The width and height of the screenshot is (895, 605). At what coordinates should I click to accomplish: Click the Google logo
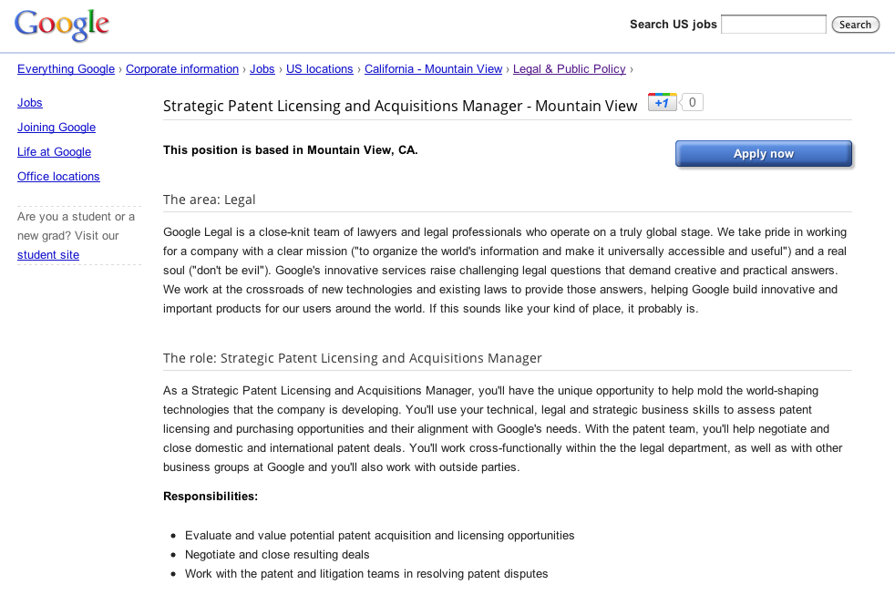[x=62, y=26]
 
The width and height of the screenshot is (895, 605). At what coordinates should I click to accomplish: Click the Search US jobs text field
[x=773, y=25]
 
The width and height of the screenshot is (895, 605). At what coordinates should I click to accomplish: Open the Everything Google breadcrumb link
[x=66, y=69]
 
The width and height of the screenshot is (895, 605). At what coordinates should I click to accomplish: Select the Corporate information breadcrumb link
[x=182, y=69]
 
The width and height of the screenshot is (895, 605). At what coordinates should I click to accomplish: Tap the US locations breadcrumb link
[x=319, y=69]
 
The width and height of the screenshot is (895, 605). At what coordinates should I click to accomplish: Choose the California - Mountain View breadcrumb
[x=434, y=69]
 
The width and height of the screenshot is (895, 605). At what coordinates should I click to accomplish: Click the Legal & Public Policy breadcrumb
[x=570, y=69]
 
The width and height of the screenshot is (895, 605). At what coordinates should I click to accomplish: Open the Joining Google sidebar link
[x=57, y=128]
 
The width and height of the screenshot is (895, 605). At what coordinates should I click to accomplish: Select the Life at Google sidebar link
[x=54, y=152]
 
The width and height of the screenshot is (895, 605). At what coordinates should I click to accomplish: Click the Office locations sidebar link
[x=58, y=177]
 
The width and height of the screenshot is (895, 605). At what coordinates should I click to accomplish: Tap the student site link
[x=48, y=255]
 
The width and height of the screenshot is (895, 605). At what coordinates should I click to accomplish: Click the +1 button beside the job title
[x=663, y=102]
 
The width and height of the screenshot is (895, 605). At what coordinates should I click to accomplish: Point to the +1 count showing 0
[x=693, y=102]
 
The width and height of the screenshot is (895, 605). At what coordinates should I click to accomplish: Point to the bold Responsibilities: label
[x=211, y=497]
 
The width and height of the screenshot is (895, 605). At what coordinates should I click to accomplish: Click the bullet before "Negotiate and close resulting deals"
[x=173, y=555]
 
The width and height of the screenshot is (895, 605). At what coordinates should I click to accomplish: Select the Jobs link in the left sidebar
[x=30, y=103]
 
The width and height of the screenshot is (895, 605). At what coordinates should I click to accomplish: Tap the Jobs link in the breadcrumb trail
[x=262, y=69]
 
